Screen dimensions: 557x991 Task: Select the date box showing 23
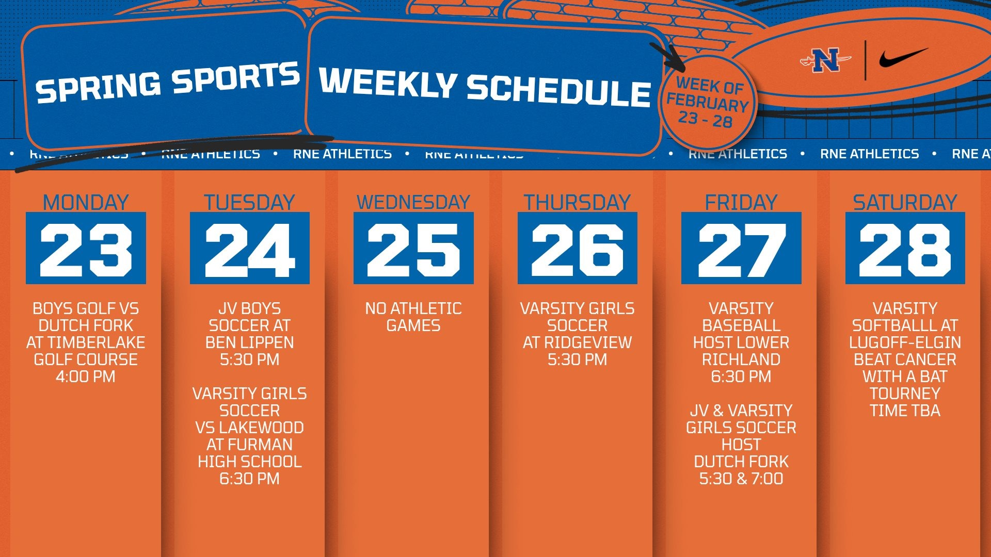86,248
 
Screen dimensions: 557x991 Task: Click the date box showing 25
413,248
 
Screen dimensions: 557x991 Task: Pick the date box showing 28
905,248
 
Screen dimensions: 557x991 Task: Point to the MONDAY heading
86,202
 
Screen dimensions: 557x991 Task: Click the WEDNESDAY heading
413,202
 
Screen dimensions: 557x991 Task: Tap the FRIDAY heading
741,202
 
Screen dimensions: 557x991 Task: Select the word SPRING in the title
98,88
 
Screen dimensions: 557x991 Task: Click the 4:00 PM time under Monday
86,376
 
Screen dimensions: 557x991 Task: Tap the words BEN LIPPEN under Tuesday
249,342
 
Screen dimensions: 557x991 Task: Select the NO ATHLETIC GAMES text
413,317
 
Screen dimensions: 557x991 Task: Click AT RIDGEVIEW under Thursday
577,342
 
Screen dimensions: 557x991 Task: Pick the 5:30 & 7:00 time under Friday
741,479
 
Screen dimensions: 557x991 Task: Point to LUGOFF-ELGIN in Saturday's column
905,342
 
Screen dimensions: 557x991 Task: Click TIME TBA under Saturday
905,411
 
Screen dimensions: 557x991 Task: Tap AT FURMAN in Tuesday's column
249,445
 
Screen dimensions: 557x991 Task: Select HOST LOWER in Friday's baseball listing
741,342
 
